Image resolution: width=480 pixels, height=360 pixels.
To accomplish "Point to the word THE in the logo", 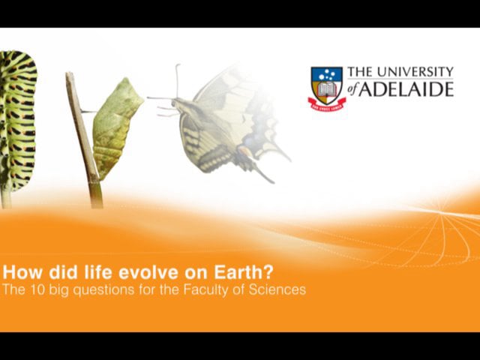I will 359,72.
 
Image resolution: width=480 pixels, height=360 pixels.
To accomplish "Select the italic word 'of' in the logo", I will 355,91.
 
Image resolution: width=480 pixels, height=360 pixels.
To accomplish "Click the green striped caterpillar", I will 16,120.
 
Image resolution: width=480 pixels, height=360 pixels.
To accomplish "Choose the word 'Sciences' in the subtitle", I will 278,289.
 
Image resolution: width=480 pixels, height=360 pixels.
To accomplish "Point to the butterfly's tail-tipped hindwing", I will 262,161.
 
